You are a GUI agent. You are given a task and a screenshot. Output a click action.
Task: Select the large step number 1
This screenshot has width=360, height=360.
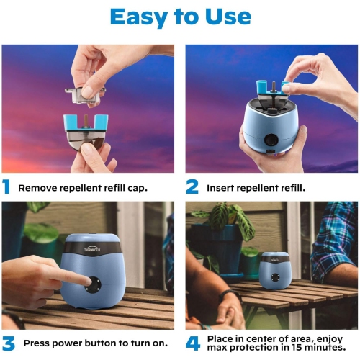tap(6, 188)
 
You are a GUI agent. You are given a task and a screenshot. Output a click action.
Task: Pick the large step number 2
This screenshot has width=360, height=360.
tap(192, 188)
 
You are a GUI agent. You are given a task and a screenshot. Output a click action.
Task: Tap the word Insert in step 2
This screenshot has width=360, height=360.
tap(221, 189)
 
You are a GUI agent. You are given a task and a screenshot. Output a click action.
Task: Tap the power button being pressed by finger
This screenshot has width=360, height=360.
tap(94, 284)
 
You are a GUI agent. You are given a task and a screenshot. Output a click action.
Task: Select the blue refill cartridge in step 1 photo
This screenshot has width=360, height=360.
tap(86, 126)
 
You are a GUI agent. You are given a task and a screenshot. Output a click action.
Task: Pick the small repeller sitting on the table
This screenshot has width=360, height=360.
tap(275, 271)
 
